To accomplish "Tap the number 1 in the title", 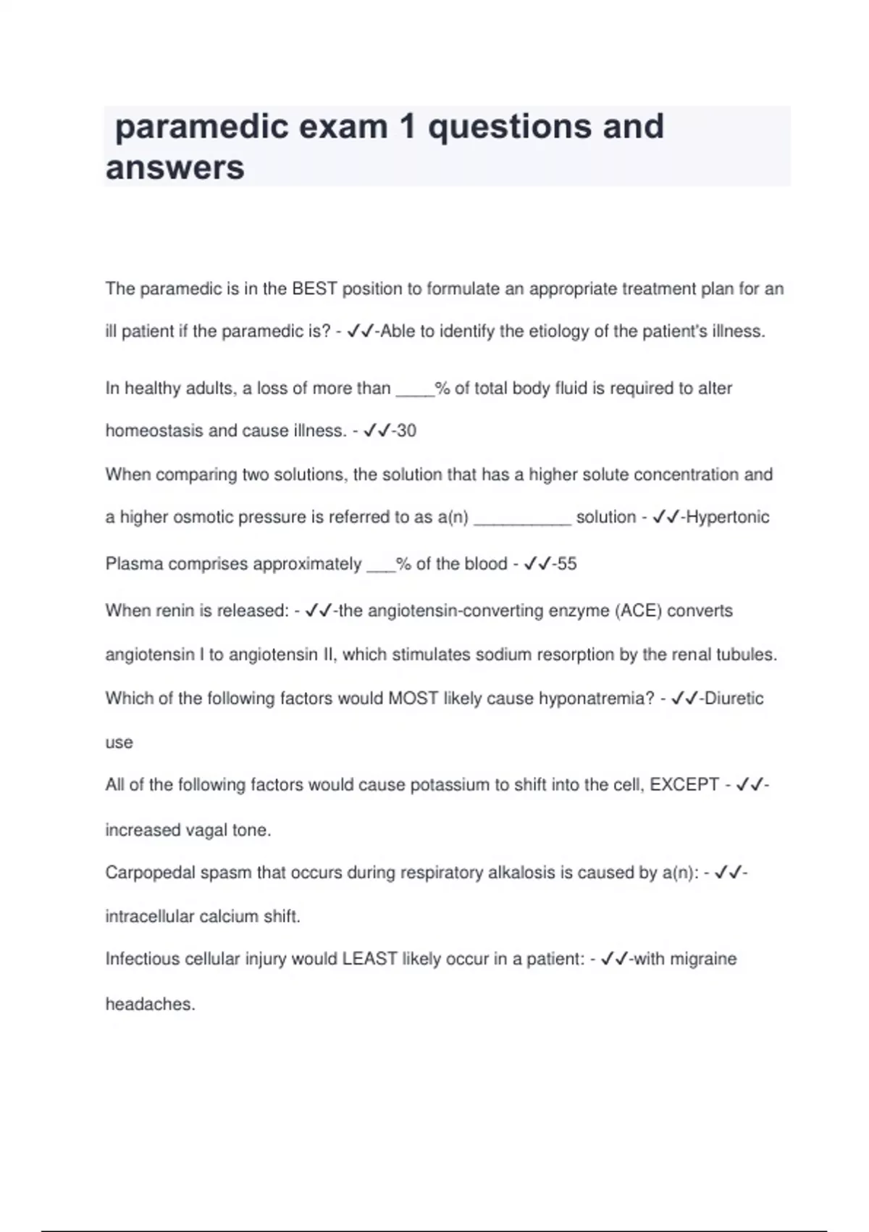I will [x=407, y=128].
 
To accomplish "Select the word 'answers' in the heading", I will [x=175, y=168].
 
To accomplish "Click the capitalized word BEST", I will [x=314, y=289].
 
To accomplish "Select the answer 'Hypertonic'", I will [x=727, y=517].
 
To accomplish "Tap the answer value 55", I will [x=566, y=564].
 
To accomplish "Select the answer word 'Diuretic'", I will [x=734, y=699].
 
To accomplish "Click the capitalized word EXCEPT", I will [x=684, y=785].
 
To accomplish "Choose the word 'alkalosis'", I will [x=521, y=873].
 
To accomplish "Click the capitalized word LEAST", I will [x=369, y=959].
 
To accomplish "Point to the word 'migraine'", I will [x=702, y=959].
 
